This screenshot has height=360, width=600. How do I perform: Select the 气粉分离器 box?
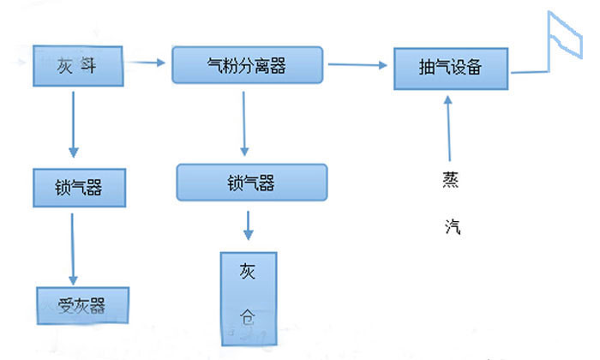pyautogui.click(x=247, y=65)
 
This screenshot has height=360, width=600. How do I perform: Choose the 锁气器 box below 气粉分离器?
pyautogui.click(x=251, y=183)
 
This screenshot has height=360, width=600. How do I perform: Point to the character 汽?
pyautogui.click(x=452, y=226)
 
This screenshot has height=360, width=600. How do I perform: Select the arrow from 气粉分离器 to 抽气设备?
pyautogui.click(x=357, y=63)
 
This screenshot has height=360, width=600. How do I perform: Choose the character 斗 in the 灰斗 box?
pyautogui.click(x=87, y=65)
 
